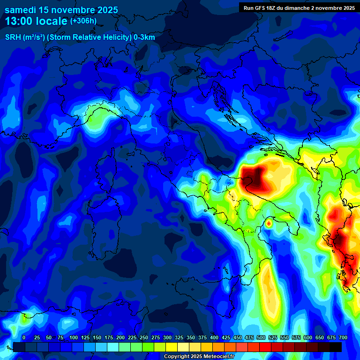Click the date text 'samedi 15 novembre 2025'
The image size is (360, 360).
(61, 10)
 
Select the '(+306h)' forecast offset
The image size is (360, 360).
(83, 21)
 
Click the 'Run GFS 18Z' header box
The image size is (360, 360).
(299, 8)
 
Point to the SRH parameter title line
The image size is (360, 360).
(80, 37)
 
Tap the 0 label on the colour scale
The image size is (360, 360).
(24, 337)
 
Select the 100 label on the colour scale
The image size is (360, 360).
(74, 337)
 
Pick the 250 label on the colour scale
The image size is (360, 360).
(144, 337)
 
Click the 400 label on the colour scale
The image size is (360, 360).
(214, 337)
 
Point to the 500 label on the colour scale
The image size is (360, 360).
(261, 337)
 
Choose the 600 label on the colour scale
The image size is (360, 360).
(308, 337)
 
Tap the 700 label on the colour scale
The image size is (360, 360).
(343, 337)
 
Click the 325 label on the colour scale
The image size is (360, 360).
(179, 337)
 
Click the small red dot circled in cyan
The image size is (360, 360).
(269, 224)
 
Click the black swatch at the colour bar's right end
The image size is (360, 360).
(336, 347)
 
